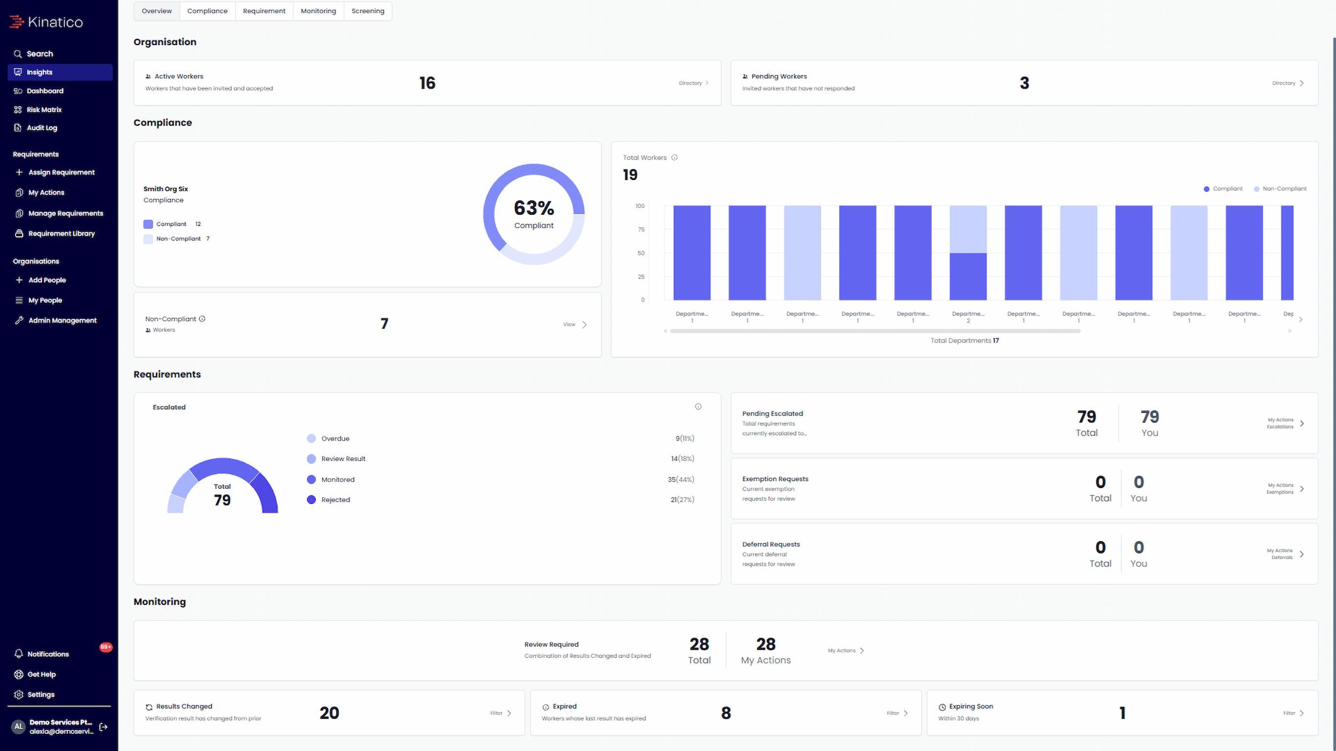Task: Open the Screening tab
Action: [368, 11]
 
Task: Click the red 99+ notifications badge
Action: [106, 647]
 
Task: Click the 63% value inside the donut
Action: [534, 208]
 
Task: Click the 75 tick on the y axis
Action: [641, 230]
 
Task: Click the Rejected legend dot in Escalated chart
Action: [311, 500]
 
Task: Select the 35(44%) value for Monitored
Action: [680, 480]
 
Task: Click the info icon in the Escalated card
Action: [698, 407]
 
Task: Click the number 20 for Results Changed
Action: [329, 713]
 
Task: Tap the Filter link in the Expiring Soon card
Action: [1293, 713]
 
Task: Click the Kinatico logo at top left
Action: [46, 22]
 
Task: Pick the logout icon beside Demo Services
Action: [103, 727]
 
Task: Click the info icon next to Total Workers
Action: [674, 157]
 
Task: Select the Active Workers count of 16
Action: [428, 83]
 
